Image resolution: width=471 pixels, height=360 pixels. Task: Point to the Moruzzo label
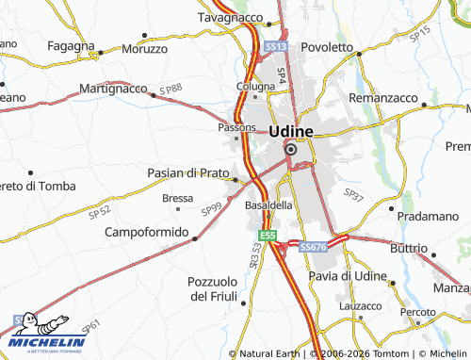coord(145,48)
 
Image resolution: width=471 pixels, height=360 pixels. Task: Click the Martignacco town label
coord(113,88)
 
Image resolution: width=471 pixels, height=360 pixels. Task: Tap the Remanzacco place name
coord(382,98)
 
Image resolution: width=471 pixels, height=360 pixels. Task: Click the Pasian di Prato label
coord(188,173)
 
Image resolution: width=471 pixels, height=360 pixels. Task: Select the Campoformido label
coord(147,231)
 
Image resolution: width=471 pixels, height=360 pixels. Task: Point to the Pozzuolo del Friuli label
coord(219,289)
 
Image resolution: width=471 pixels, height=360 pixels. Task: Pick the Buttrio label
coord(408,247)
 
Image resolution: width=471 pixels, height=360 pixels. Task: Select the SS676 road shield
coord(313,246)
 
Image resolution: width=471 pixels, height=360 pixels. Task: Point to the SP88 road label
coord(171,89)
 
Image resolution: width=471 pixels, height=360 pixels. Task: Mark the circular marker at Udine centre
coord(290,149)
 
